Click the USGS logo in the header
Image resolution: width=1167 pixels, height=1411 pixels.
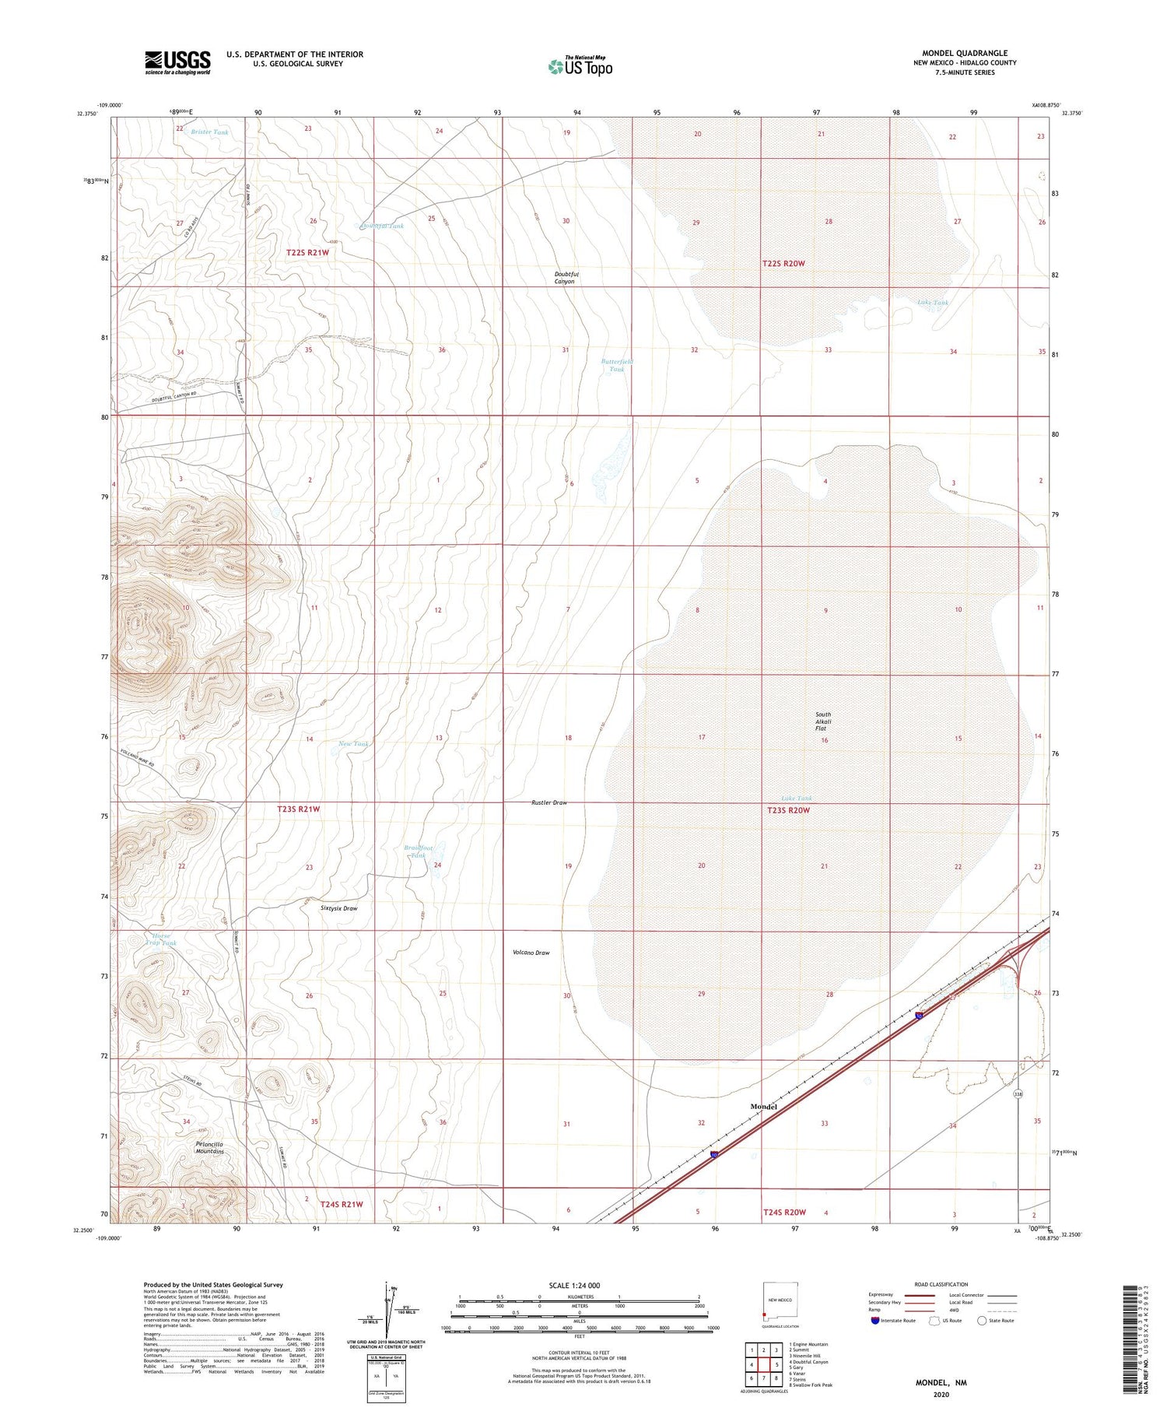[x=177, y=62]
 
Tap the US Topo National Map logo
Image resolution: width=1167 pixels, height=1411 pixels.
[x=580, y=66]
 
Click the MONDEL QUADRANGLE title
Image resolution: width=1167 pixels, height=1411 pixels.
[x=965, y=53]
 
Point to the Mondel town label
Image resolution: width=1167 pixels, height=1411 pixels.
[x=763, y=1106]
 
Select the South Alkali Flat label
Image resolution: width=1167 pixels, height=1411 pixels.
[x=823, y=721]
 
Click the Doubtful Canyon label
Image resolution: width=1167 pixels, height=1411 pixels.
[x=565, y=278]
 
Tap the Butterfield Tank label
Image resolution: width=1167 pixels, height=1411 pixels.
[x=617, y=366]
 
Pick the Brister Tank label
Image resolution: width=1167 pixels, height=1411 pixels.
[x=210, y=132]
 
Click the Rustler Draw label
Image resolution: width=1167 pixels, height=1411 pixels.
[x=549, y=802]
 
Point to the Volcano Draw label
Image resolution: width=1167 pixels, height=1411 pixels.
[x=531, y=953]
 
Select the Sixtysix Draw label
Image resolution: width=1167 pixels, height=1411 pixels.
[x=339, y=908]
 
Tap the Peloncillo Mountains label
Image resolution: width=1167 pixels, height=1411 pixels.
[x=209, y=1148]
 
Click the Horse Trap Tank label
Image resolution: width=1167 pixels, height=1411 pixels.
[x=161, y=939]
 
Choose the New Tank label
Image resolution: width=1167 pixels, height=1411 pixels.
[x=354, y=744]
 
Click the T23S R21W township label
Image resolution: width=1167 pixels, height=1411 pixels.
[x=299, y=809]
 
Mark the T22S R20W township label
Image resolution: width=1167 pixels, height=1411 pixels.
[x=783, y=264]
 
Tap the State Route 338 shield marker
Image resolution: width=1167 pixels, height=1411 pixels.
[x=1018, y=1094]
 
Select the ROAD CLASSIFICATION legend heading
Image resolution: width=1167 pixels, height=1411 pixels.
[x=941, y=1284]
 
